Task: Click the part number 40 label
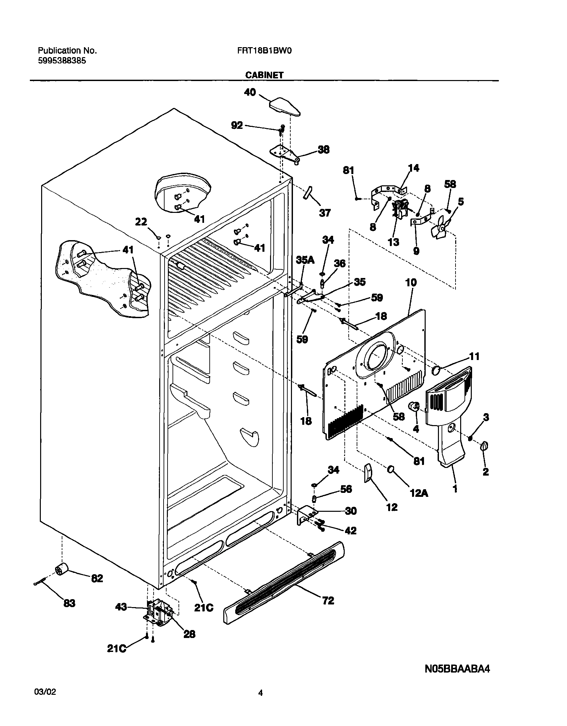coord(250,92)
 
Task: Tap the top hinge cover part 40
coord(285,107)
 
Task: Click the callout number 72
coord(328,600)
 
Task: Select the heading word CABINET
coord(264,75)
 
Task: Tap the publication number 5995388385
coord(62,61)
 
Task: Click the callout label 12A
coord(419,493)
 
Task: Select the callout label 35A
coord(305,260)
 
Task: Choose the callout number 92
coord(237,125)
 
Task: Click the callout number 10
coord(411,283)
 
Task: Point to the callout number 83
coord(69,603)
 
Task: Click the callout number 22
coord(141,222)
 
